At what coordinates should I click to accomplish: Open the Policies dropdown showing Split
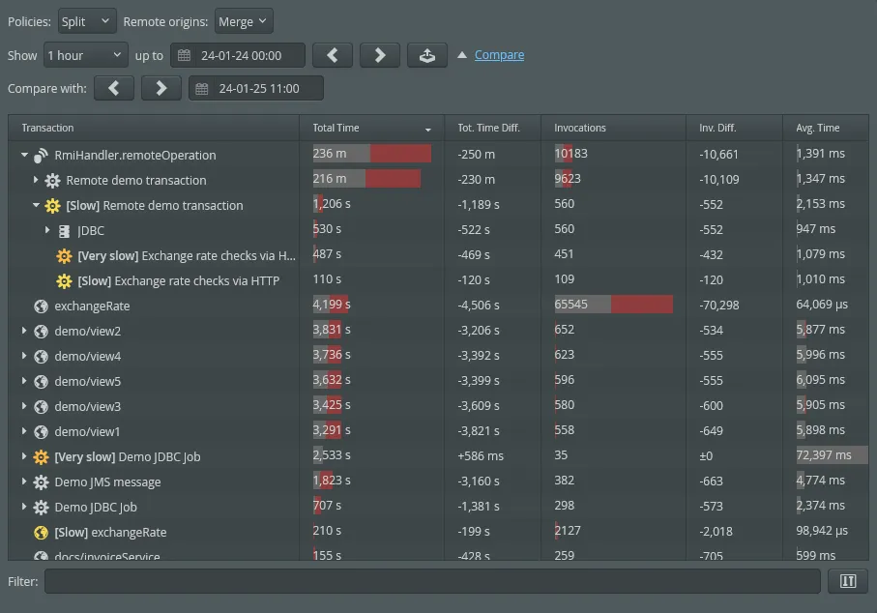(87, 21)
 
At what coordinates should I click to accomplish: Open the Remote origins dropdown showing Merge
(244, 21)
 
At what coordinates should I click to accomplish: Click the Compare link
(499, 55)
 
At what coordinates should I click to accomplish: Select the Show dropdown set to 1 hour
(85, 55)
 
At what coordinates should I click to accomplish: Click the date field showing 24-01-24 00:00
(238, 55)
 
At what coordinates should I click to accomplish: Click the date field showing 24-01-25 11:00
(256, 89)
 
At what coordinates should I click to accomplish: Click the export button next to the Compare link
(426, 55)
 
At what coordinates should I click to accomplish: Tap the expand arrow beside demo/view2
(24, 331)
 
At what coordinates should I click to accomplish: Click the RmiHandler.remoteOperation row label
(135, 155)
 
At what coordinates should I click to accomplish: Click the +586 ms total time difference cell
(481, 455)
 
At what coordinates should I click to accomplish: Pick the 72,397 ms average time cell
(824, 455)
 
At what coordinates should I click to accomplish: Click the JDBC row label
(91, 230)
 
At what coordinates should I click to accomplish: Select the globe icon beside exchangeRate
(41, 306)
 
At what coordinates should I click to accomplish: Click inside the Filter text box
(431, 581)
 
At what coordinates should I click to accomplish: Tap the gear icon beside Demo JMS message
(41, 482)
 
